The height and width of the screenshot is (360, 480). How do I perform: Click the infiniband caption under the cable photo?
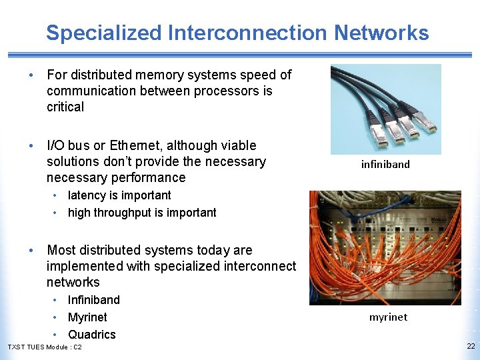[385, 164]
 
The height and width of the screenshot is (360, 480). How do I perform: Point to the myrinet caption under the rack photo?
[388, 317]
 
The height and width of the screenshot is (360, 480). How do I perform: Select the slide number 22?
[471, 346]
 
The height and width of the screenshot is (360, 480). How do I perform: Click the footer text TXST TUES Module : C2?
[45, 347]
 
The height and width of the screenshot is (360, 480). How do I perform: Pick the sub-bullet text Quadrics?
[92, 335]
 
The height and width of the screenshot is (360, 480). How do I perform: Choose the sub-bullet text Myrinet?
[87, 317]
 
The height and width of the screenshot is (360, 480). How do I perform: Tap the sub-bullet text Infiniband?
[94, 300]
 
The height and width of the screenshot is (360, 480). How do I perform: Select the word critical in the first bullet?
[65, 107]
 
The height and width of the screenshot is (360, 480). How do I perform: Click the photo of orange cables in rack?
[385, 248]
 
